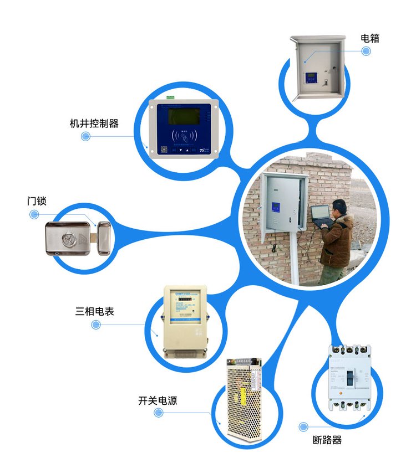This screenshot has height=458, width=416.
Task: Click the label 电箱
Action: click(x=370, y=38)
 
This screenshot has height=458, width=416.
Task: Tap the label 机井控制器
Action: click(x=94, y=123)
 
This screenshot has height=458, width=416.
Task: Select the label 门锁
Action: click(x=36, y=201)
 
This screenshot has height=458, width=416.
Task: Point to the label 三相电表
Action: click(x=95, y=311)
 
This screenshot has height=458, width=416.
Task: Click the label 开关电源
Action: click(x=158, y=400)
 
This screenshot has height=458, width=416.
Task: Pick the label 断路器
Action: click(x=327, y=440)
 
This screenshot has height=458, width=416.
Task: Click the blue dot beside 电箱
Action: click(x=366, y=51)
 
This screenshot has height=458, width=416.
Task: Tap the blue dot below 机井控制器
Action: click(x=85, y=136)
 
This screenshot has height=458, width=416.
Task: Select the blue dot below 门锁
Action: click(x=34, y=214)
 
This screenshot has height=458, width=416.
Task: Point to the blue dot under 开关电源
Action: click(x=159, y=414)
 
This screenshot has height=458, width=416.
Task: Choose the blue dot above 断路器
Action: click(x=303, y=427)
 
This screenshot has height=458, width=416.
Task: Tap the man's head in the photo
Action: click(x=340, y=207)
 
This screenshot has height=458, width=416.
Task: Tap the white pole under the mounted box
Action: click(x=295, y=260)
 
